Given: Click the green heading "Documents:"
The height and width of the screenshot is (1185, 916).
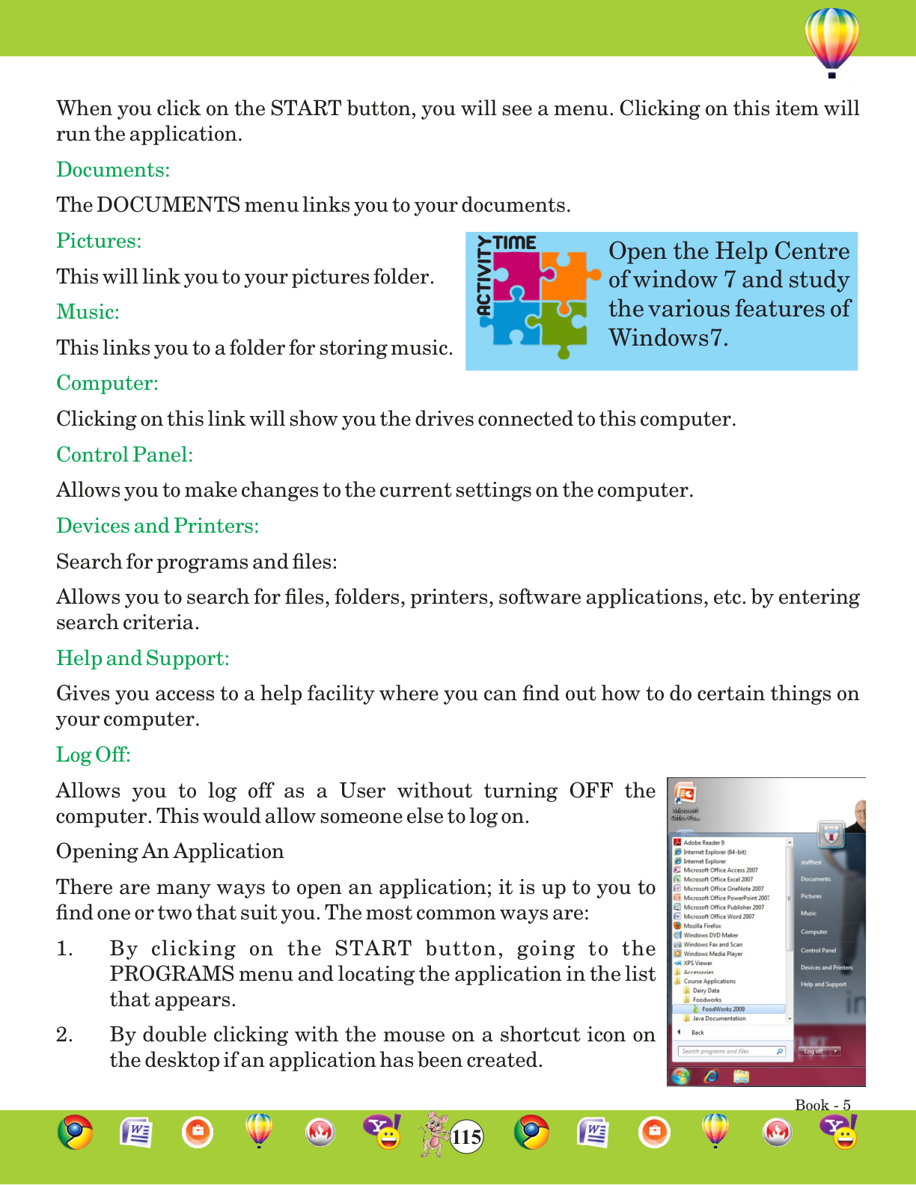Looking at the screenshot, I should (113, 170).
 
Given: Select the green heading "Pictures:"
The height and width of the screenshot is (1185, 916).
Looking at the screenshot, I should (99, 241).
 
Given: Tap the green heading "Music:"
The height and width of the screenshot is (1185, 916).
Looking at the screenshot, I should (88, 312).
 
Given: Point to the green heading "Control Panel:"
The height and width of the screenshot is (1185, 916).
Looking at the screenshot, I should (124, 455).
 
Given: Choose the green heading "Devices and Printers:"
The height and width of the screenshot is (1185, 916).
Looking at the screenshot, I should (157, 526).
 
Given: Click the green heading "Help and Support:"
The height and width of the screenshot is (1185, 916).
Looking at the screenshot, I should (142, 658).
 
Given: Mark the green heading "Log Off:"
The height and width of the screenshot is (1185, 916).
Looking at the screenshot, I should (93, 754).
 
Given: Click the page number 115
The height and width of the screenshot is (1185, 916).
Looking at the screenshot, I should (466, 1137).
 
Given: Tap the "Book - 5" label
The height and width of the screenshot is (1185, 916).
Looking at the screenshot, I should (822, 1105).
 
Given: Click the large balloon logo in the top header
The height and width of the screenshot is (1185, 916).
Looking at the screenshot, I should (831, 40).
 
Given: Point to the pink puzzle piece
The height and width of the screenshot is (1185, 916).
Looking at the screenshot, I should (515, 275).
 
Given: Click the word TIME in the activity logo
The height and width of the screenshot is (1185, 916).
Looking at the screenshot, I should (515, 243).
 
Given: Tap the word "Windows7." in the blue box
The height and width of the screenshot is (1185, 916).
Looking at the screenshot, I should (668, 338).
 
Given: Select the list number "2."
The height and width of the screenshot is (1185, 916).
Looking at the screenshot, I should (64, 1035).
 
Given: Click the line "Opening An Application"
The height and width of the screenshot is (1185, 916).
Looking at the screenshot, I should (170, 851).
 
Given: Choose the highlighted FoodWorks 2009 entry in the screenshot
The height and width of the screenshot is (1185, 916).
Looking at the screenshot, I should (723, 1009).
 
